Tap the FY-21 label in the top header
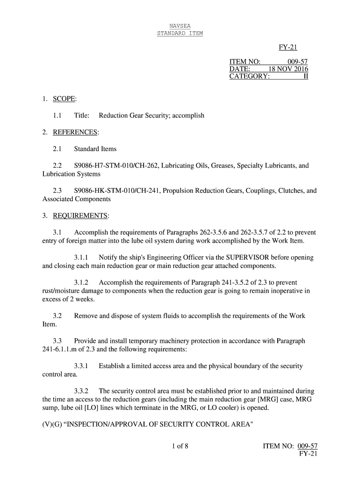(288, 47)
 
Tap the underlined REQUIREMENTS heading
(81, 216)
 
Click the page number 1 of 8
(180, 445)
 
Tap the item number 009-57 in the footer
(308, 446)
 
